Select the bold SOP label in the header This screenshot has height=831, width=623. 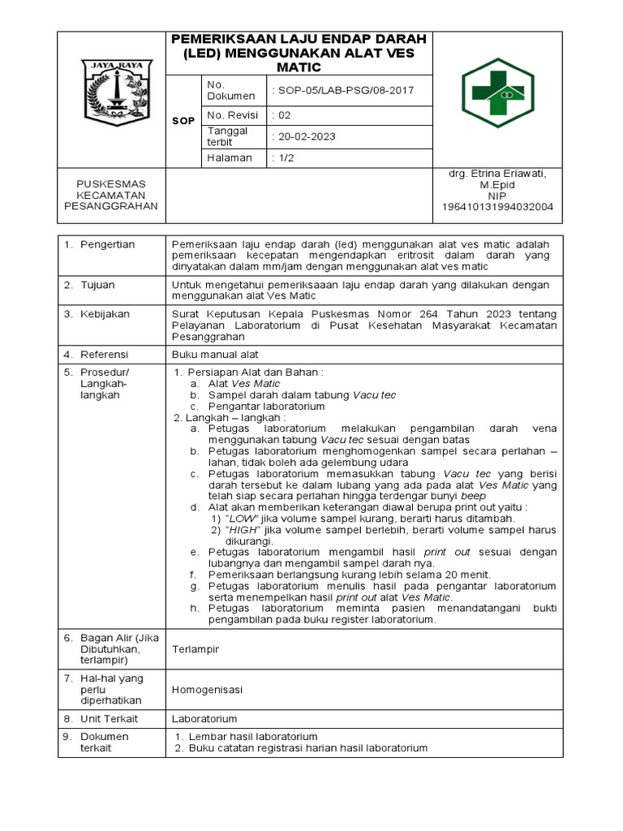click(183, 121)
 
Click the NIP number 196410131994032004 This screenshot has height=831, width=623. click(497, 207)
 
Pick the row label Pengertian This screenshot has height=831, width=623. click(108, 244)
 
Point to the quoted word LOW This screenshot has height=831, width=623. click(240, 519)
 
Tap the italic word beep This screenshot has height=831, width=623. click(475, 496)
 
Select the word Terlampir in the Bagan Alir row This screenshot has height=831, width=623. click(196, 649)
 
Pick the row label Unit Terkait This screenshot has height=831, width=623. click(109, 719)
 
